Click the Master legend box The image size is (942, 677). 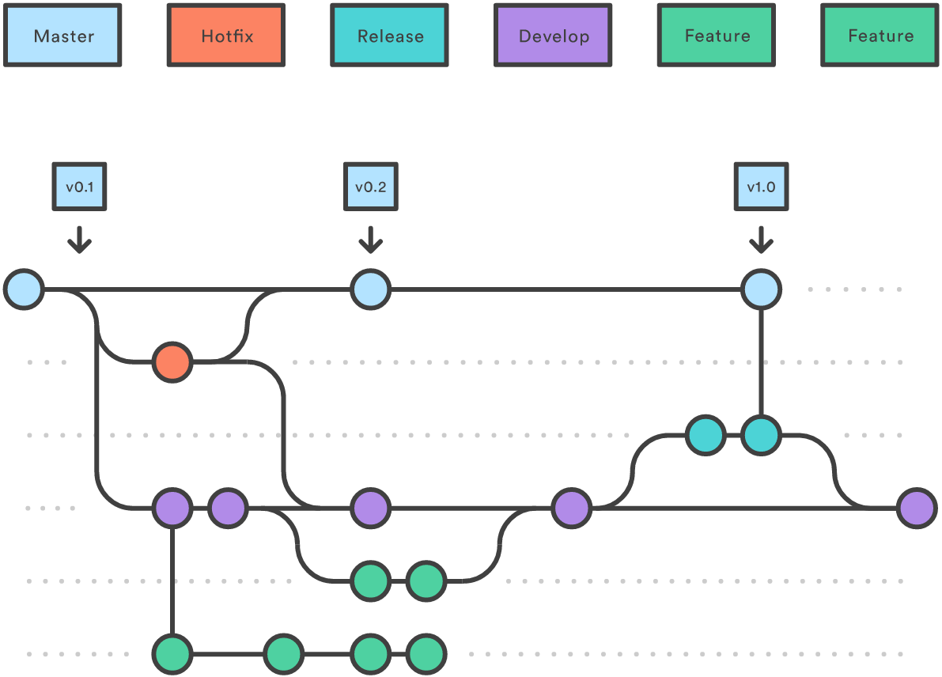(x=62, y=36)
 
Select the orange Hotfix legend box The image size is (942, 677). (x=225, y=36)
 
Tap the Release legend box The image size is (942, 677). (x=389, y=36)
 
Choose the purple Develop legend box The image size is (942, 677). (x=553, y=36)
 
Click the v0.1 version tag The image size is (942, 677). (x=79, y=187)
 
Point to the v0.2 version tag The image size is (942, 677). (x=370, y=187)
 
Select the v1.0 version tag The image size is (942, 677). (x=761, y=187)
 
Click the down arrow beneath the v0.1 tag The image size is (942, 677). (x=79, y=240)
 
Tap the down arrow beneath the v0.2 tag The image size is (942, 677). (x=370, y=240)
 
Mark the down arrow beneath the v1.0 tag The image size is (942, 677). (x=761, y=240)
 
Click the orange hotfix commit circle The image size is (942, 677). (x=172, y=362)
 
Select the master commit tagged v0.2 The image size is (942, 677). (x=370, y=289)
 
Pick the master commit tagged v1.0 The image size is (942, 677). (x=761, y=289)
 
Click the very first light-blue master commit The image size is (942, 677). (x=24, y=289)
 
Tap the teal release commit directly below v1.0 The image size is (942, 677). (x=761, y=435)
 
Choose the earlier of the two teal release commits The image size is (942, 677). (x=705, y=435)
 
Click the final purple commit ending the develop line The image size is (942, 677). (x=917, y=508)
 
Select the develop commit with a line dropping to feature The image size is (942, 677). (x=172, y=508)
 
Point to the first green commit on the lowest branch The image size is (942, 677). (x=172, y=654)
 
